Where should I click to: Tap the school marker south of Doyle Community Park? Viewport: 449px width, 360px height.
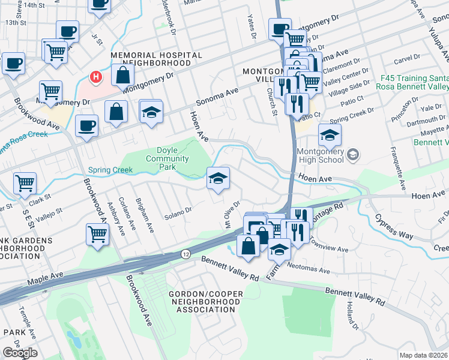pos(218,178)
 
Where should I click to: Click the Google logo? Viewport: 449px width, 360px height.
pos(20,353)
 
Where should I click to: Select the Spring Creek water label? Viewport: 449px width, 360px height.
pos(110,170)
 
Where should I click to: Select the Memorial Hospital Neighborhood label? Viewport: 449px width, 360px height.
pos(156,58)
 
